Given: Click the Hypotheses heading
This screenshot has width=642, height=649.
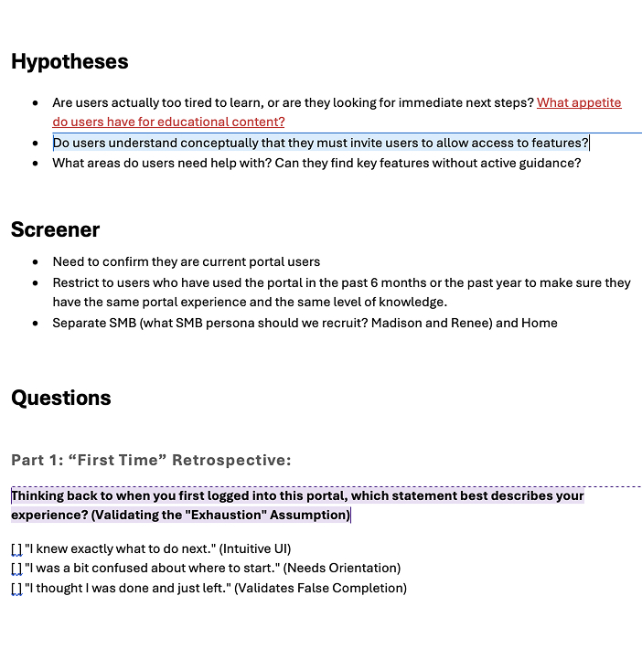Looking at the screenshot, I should click(x=70, y=62).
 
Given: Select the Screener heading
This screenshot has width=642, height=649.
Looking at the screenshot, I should click(x=55, y=229).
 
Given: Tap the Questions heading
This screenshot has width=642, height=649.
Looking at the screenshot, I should click(x=61, y=398).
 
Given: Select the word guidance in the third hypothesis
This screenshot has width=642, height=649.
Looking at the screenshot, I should click(x=551, y=164).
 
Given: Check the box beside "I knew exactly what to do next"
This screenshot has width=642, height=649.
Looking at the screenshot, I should click(x=16, y=548).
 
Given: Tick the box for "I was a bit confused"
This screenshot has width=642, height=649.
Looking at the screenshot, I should click(x=16, y=569).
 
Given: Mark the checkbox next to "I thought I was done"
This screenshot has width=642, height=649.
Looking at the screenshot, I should click(x=16, y=589).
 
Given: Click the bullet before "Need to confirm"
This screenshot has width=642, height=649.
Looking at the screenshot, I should click(x=35, y=261).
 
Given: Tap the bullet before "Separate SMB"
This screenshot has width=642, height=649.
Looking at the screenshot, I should click(x=35, y=324).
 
